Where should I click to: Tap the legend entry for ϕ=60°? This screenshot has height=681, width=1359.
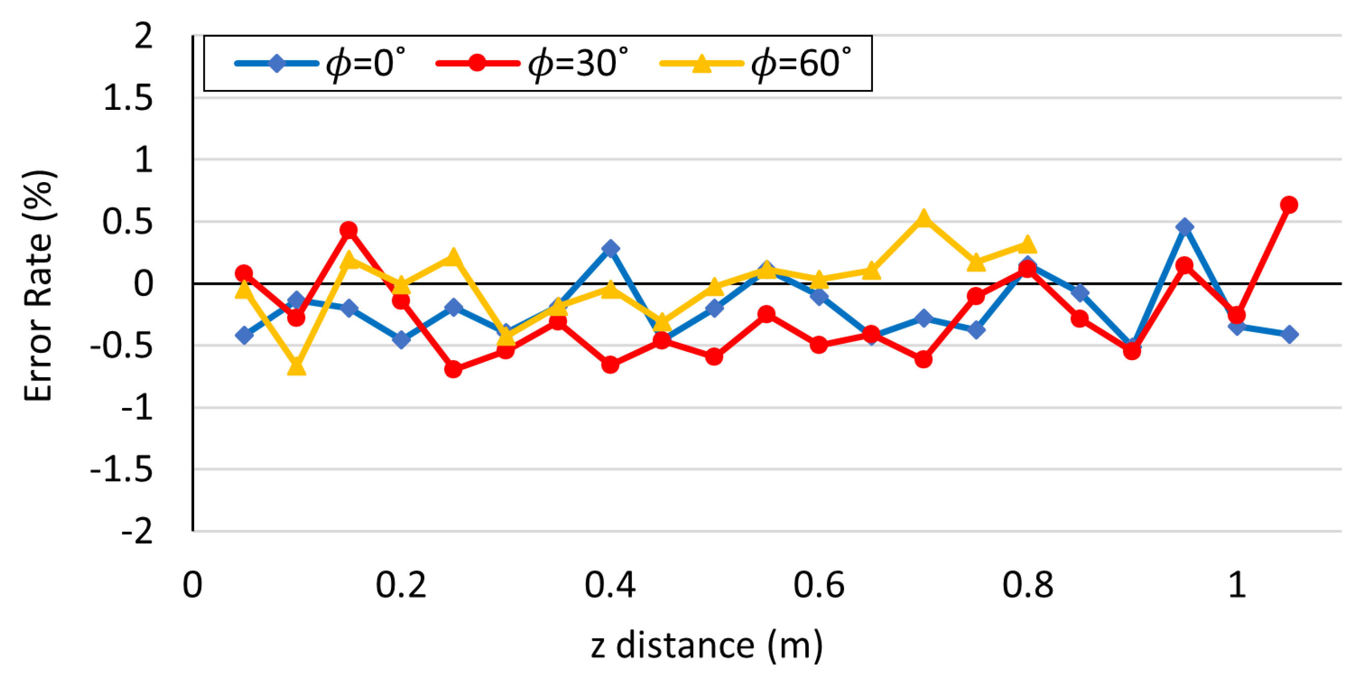(x=756, y=64)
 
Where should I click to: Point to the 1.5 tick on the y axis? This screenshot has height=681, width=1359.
(x=128, y=98)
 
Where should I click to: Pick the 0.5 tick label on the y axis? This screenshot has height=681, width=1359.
(x=128, y=222)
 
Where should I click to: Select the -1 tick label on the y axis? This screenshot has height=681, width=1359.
(x=137, y=408)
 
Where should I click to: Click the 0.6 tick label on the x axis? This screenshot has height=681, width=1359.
(x=819, y=585)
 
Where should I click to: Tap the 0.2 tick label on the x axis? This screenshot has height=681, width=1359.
(x=401, y=585)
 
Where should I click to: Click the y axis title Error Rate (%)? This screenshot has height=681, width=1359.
(x=38, y=286)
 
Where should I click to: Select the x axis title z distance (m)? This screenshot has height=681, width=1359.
(x=706, y=645)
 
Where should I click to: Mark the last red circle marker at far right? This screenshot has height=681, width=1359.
(x=1289, y=205)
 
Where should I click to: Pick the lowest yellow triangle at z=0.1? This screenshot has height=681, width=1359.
(x=296, y=366)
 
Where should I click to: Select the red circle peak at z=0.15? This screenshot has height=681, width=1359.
(x=348, y=230)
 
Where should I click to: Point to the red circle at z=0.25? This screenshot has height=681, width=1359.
(x=453, y=369)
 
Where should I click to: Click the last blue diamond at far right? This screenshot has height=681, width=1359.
(x=1289, y=334)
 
